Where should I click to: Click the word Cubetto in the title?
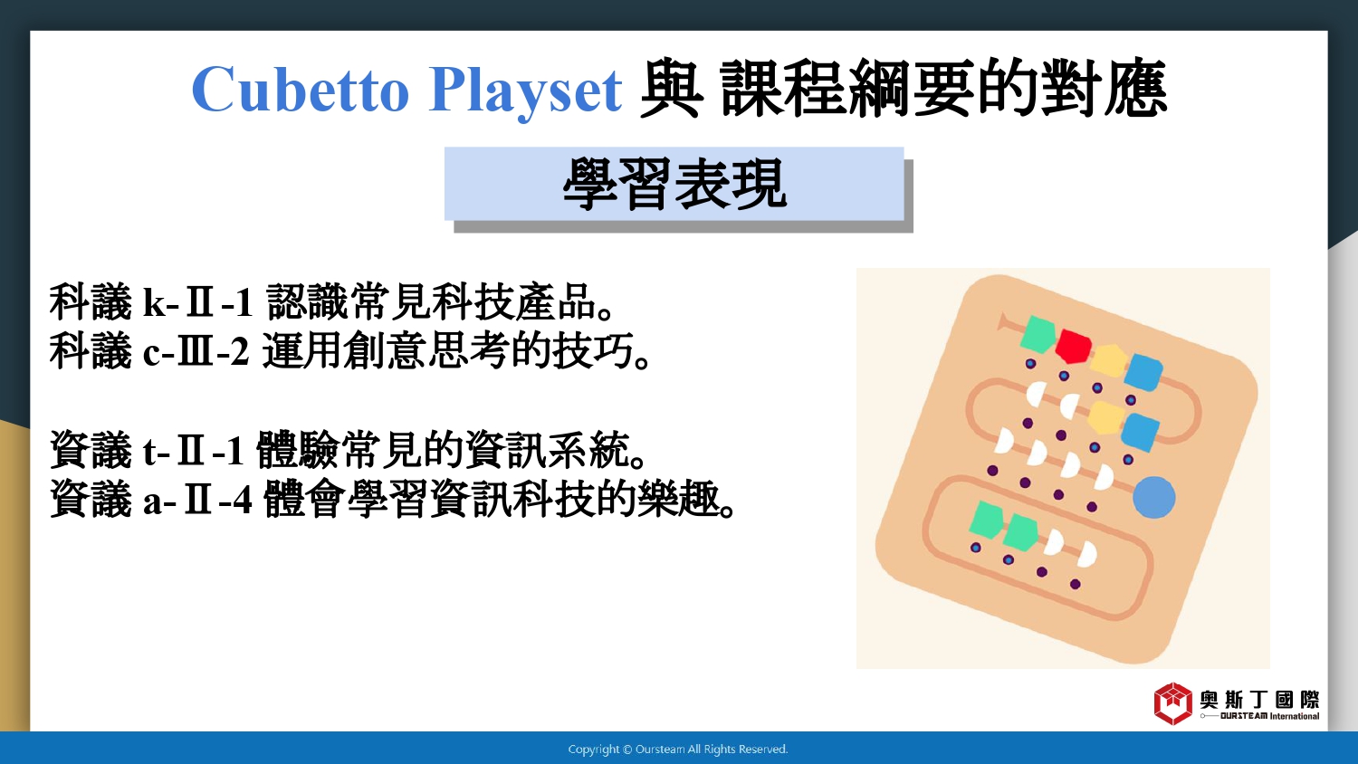(301, 89)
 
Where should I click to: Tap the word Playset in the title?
(525, 91)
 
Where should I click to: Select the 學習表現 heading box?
(674, 184)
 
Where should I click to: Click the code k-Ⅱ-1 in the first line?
(197, 302)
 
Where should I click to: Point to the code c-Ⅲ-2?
(196, 351)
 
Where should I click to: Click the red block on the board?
(1073, 346)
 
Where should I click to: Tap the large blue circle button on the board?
(1153, 497)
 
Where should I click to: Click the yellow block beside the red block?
(1107, 361)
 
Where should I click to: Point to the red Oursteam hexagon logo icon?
(1172, 703)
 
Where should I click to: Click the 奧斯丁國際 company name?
(1259, 699)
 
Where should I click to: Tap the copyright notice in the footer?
(678, 749)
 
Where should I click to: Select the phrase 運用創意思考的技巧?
(456, 351)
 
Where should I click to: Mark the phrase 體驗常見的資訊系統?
(451, 451)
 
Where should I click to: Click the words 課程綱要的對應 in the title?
(944, 89)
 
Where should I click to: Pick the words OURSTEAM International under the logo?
(1269, 716)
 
